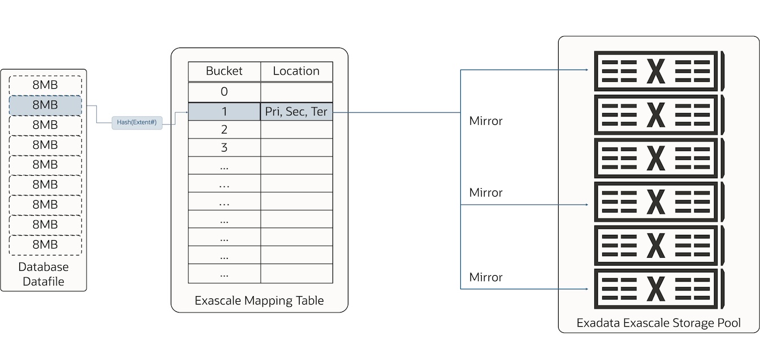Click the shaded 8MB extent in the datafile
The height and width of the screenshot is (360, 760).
click(45, 105)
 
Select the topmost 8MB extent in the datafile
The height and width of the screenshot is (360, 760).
click(45, 85)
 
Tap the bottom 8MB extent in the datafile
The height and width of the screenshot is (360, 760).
click(45, 245)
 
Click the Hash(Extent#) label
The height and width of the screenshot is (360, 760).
click(136, 122)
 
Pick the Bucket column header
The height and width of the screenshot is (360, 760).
click(224, 71)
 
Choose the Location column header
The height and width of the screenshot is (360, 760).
click(296, 71)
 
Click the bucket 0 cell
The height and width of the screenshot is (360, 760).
click(224, 92)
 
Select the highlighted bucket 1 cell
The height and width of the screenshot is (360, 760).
click(224, 112)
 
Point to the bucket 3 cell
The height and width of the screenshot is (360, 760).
click(224, 148)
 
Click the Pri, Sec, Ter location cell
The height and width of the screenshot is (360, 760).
click(296, 112)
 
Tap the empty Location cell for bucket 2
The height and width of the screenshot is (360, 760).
click(296, 130)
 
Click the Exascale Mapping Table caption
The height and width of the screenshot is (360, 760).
click(259, 300)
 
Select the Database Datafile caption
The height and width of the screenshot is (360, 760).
click(44, 274)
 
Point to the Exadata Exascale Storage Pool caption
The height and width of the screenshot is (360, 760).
click(659, 323)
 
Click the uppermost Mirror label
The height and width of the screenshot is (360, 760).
click(486, 121)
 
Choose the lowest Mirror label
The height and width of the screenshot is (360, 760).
click(486, 277)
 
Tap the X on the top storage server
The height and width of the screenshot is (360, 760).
click(655, 71)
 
